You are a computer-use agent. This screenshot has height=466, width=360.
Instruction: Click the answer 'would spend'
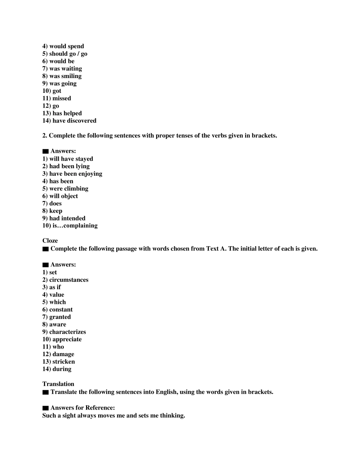coord(67,46)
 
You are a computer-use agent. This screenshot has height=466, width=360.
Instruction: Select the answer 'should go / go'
coord(68,54)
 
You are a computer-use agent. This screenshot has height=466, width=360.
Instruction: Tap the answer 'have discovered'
coord(74,120)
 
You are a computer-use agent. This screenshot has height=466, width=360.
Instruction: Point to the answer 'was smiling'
coord(65,76)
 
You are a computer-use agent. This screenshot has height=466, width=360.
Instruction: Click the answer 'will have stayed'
coord(71,159)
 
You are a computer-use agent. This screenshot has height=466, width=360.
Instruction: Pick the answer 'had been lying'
coord(69,166)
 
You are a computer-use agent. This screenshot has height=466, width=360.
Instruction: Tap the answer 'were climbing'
coord(69,189)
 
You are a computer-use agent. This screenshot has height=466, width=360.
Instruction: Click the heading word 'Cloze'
coord(50,241)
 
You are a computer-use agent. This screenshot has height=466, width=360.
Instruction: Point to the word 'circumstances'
coord(69,280)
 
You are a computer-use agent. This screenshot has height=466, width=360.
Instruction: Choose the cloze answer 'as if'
coord(55,287)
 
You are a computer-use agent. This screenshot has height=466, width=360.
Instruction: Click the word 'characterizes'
coord(67,332)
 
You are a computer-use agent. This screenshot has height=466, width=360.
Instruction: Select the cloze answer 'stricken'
coord(63,361)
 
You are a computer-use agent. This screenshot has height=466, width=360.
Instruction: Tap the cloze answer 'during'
coord(62,369)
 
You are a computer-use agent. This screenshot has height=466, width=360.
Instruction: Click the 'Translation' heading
coord(58,384)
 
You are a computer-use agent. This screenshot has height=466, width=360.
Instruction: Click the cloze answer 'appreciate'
coord(67,339)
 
